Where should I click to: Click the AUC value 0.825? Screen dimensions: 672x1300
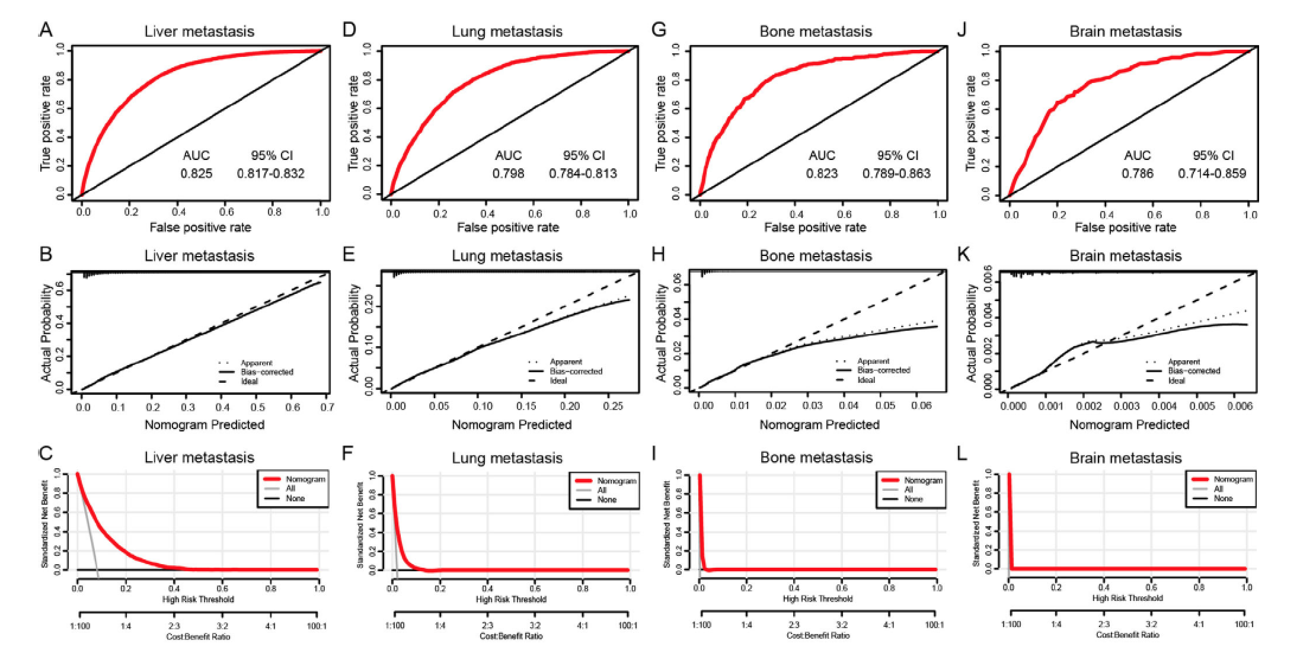[196, 174]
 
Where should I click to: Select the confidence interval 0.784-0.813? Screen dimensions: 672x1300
[583, 174]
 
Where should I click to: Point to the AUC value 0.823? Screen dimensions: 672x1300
[822, 174]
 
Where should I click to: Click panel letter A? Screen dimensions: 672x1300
[44, 30]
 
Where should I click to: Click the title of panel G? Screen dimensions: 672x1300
[816, 31]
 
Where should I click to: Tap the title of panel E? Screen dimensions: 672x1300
[507, 256]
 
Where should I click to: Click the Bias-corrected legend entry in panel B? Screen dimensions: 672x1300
[267, 372]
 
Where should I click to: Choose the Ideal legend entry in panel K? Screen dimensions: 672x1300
[1176, 380]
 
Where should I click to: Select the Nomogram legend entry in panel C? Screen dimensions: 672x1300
[305, 479]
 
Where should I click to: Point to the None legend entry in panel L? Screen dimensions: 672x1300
[1223, 498]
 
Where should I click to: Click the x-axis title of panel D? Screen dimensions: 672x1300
[507, 228]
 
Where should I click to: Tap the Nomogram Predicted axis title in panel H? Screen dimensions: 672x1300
[819, 425]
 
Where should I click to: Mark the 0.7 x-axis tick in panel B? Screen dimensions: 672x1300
[327, 408]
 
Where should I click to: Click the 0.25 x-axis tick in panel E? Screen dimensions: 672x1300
[613, 406]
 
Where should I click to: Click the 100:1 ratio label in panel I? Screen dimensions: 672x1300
[934, 625]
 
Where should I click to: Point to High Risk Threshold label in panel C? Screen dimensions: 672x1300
[198, 599]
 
